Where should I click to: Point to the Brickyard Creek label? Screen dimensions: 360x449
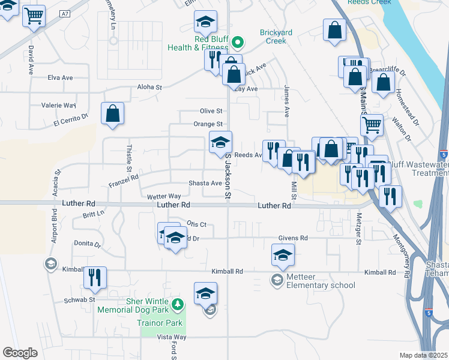click(x=273, y=37)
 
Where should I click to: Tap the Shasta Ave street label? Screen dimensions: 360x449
click(x=205, y=183)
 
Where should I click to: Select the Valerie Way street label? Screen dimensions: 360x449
click(x=58, y=105)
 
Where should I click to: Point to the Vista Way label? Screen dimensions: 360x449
click(x=172, y=337)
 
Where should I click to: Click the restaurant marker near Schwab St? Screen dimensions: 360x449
click(x=95, y=277)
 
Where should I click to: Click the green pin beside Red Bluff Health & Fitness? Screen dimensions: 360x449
click(x=238, y=42)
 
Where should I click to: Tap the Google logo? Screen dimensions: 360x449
click(x=20, y=353)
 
